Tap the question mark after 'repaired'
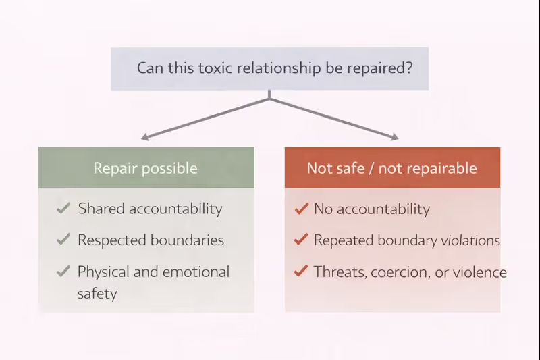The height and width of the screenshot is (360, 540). click(x=409, y=68)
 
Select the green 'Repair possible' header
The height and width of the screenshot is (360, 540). click(x=146, y=168)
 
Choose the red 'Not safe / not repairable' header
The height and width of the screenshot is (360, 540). click(x=392, y=168)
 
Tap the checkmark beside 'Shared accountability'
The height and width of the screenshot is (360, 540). click(x=63, y=209)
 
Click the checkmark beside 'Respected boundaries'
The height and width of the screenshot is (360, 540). click(x=63, y=240)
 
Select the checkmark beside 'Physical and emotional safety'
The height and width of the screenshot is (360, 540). click(x=63, y=272)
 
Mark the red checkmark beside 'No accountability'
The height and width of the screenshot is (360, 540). click(x=301, y=209)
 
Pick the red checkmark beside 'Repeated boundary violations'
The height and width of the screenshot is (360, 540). click(x=301, y=240)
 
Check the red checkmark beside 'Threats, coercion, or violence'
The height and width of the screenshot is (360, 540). click(x=301, y=272)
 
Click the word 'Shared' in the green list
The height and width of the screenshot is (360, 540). click(x=100, y=209)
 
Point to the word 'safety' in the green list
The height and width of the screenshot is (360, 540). click(x=97, y=294)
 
